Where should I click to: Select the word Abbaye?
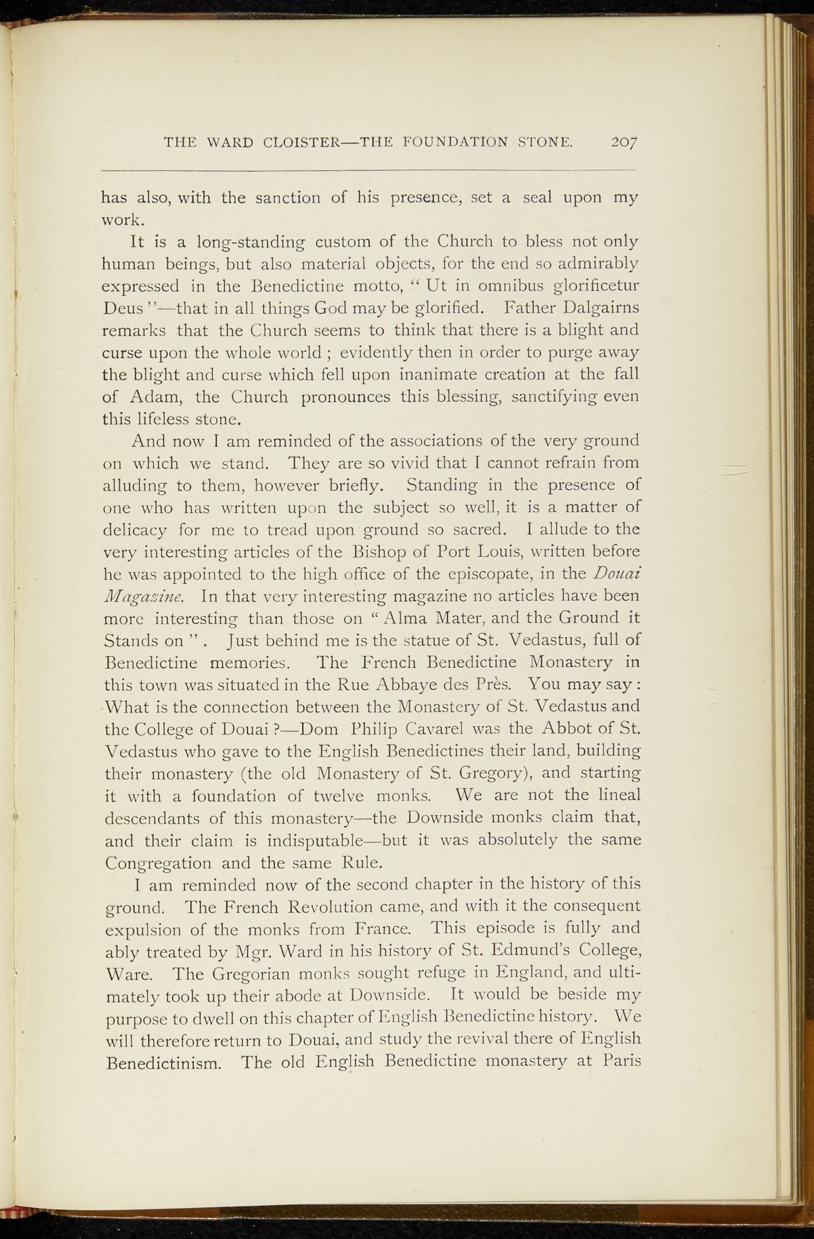click(x=403, y=685)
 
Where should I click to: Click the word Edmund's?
click(x=543, y=952)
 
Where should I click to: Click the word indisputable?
click(x=315, y=841)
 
